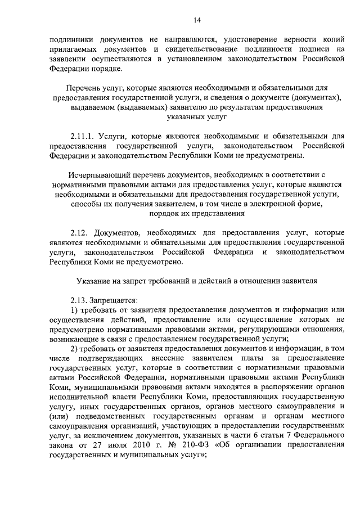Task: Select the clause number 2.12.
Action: click(x=79, y=232)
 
